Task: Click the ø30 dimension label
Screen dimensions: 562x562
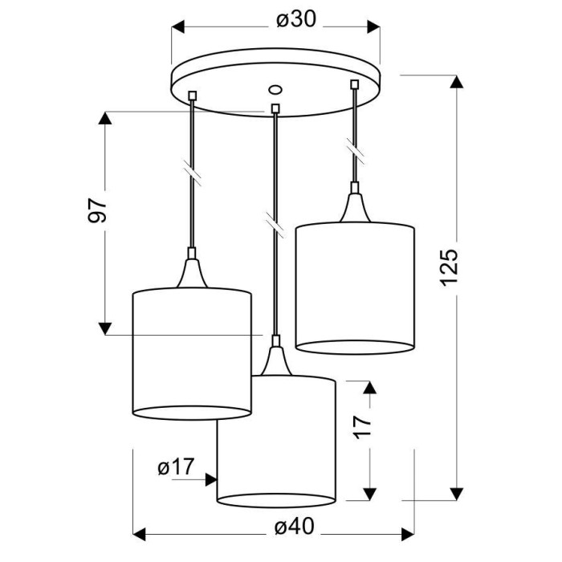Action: [x=296, y=20]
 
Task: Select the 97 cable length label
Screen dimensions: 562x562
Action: [x=97, y=210]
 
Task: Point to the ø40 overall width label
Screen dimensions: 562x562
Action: [x=295, y=527]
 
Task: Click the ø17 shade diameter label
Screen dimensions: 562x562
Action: [x=176, y=466]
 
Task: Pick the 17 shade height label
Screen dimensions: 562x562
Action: [x=362, y=427]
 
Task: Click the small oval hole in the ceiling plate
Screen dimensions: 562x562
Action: [x=275, y=90]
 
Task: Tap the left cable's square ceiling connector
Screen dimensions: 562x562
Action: [x=193, y=96]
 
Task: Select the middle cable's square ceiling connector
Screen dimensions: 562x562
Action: [x=275, y=108]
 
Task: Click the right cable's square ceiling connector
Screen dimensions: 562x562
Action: [x=355, y=84]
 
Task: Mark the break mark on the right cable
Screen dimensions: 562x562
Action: [x=355, y=151]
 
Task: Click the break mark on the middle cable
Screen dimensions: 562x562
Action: [x=275, y=225]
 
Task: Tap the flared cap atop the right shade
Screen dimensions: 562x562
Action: [x=355, y=207]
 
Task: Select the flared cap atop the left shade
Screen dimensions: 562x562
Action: [x=192, y=273]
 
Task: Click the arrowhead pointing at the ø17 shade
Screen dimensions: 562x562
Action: [x=211, y=479]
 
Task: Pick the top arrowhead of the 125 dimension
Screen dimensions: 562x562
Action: [x=456, y=82]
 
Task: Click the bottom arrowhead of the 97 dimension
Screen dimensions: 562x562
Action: [x=105, y=328]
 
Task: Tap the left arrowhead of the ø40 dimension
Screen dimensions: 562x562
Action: [x=140, y=535]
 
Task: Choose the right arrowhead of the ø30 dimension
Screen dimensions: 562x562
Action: [x=373, y=26]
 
